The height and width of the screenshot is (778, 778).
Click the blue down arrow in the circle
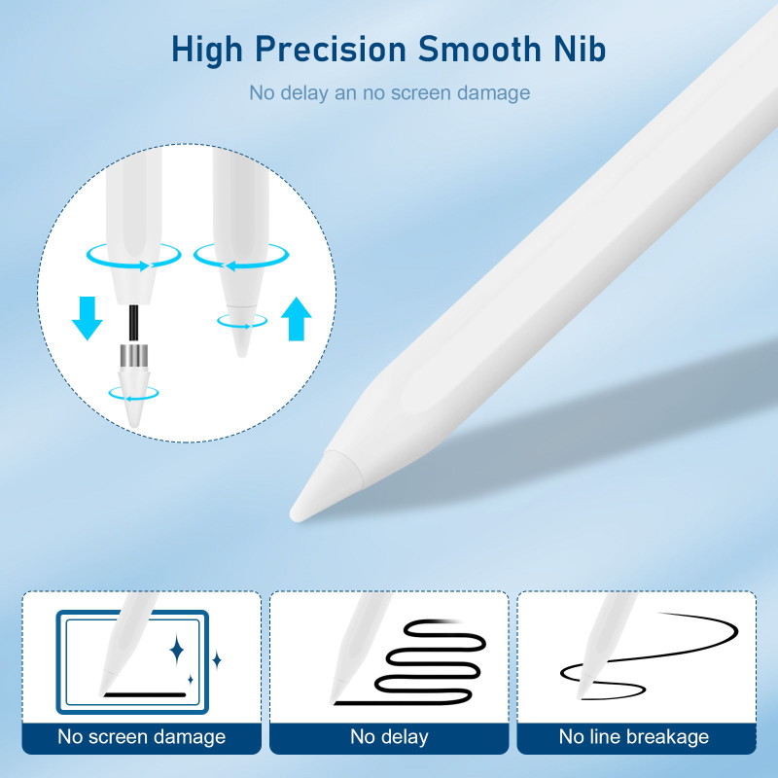click(88, 318)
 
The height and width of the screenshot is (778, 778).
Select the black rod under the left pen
click(129, 321)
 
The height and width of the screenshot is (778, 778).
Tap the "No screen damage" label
click(141, 736)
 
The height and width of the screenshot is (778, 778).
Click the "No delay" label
click(389, 736)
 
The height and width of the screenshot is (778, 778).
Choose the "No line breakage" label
click(634, 736)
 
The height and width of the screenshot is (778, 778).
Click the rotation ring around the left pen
click(133, 255)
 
